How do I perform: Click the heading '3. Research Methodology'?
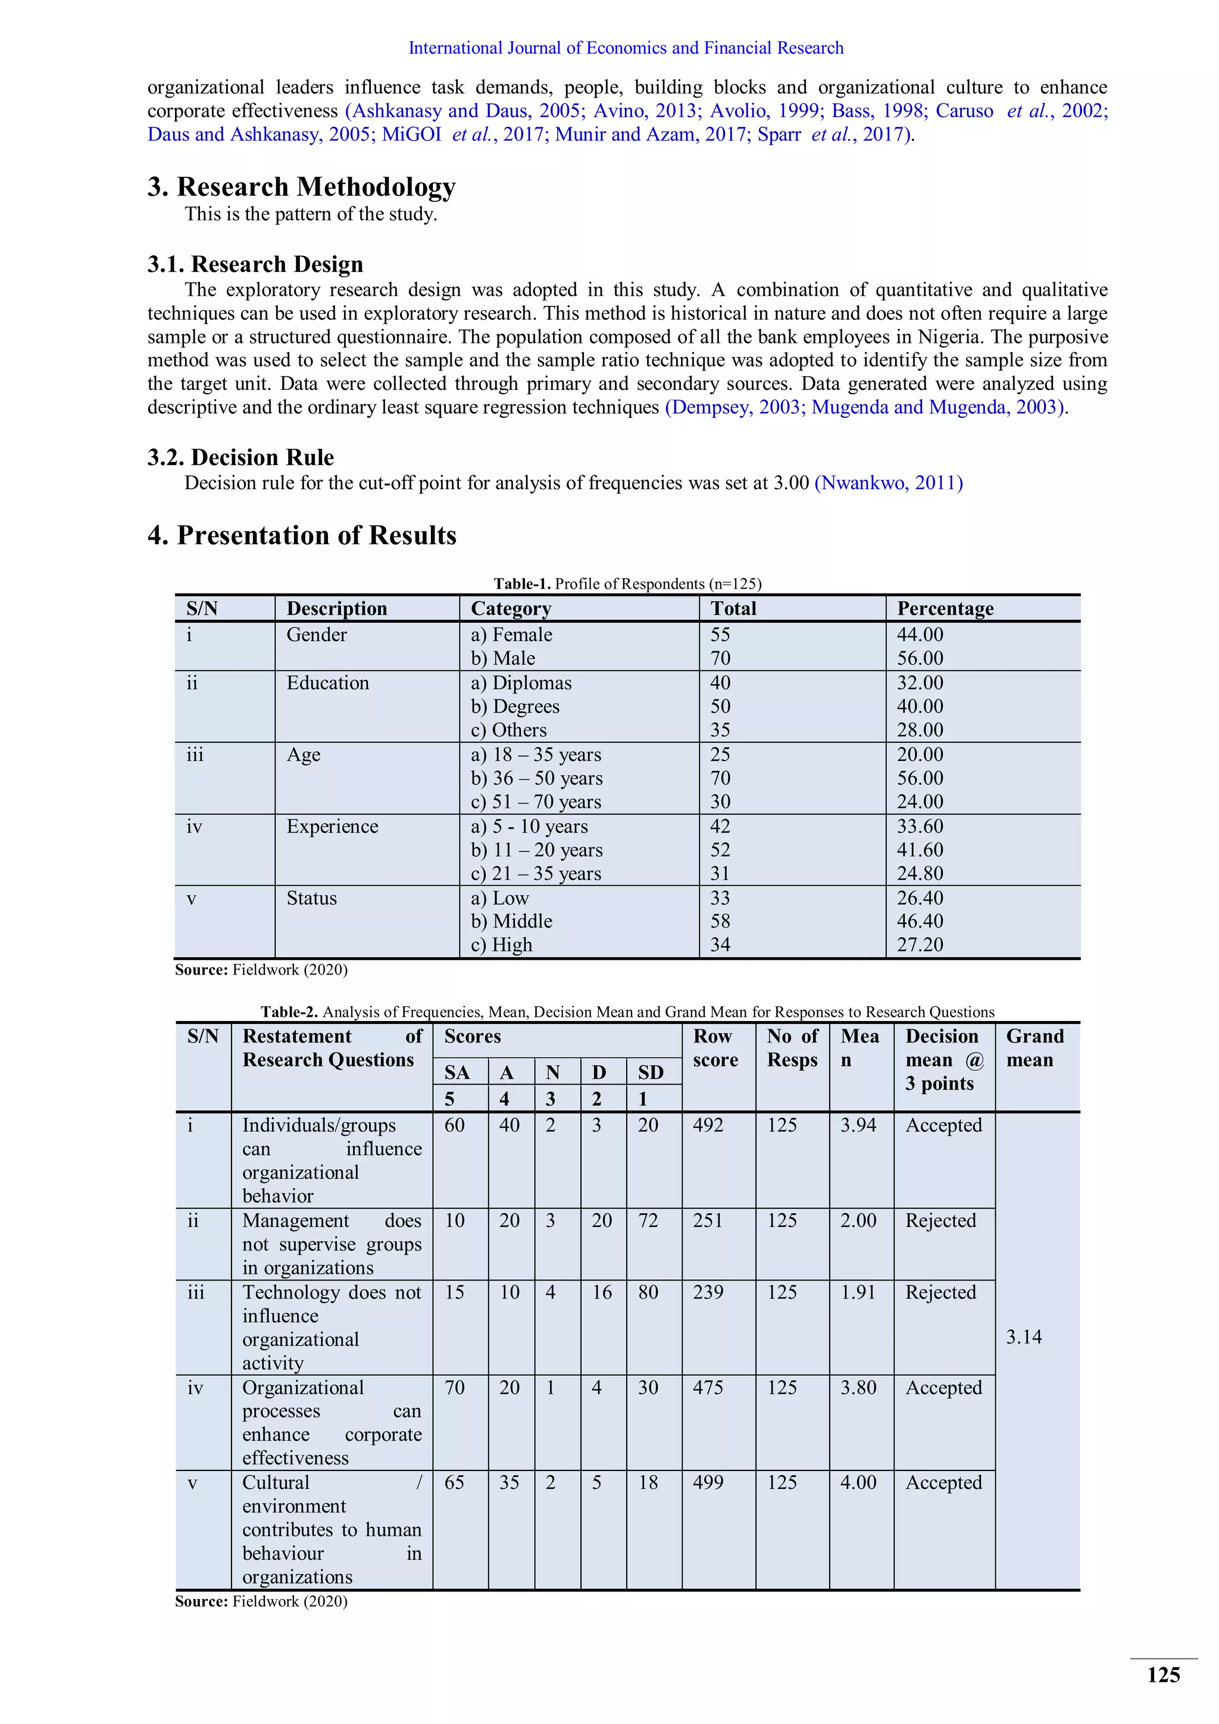pyautogui.click(x=301, y=186)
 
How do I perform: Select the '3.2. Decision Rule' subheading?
pyautogui.click(x=240, y=457)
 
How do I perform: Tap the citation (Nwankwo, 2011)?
pyautogui.click(x=888, y=483)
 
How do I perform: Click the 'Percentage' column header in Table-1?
pyautogui.click(x=945, y=608)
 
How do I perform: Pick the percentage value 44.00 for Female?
pyautogui.click(x=920, y=635)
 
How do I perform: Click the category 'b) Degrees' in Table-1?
pyautogui.click(x=515, y=707)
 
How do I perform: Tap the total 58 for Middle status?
pyautogui.click(x=721, y=922)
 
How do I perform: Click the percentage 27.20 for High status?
pyautogui.click(x=920, y=945)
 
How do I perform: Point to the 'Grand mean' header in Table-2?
pyautogui.click(x=1034, y=1048)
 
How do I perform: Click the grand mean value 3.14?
pyautogui.click(x=1024, y=1336)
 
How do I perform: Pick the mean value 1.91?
pyautogui.click(x=858, y=1292)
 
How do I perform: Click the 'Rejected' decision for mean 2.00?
pyautogui.click(x=940, y=1221)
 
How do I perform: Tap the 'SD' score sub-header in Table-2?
pyautogui.click(x=650, y=1072)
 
